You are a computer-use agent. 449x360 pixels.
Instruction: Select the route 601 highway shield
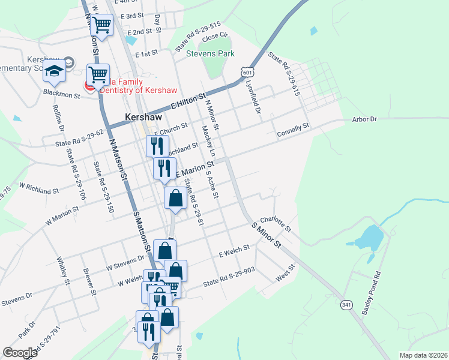(247, 71)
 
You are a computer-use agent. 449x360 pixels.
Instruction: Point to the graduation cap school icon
(55, 71)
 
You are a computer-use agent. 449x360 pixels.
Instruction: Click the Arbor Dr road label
(364, 119)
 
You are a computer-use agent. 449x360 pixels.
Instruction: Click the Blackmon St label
(61, 94)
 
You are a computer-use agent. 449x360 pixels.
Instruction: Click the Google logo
(20, 353)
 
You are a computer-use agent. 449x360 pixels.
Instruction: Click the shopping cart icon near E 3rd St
(102, 25)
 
